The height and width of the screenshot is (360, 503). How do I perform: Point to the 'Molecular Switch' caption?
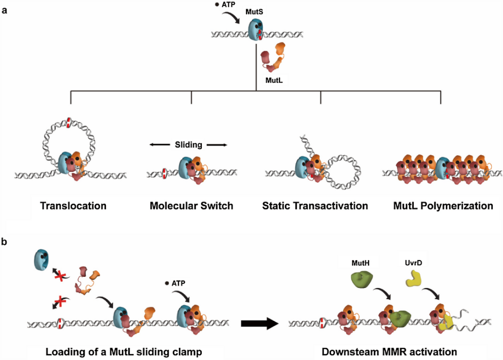191,206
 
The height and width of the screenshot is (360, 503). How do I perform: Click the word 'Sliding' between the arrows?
188,145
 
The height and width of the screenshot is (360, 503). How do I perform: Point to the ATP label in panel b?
177,283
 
